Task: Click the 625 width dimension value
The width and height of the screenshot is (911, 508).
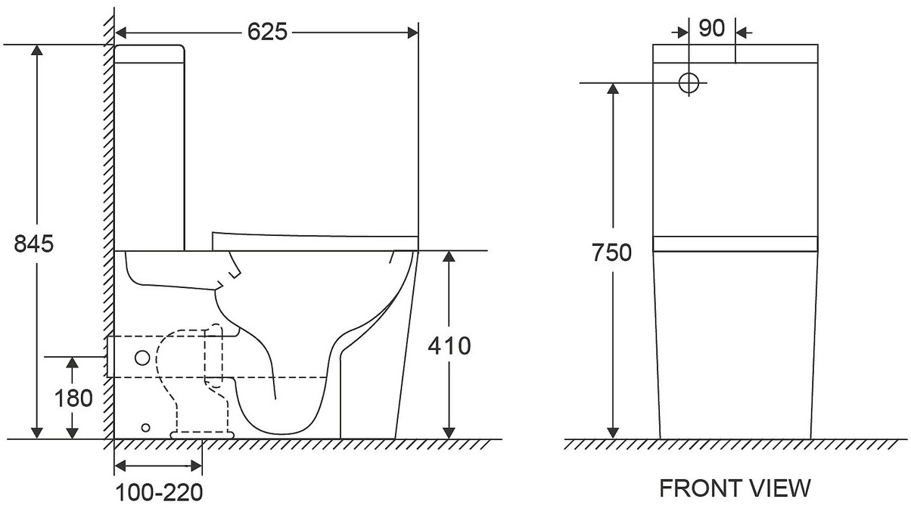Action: tap(267, 32)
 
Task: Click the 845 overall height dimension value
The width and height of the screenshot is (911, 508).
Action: tap(34, 244)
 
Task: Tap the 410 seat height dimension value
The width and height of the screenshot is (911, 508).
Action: tap(449, 346)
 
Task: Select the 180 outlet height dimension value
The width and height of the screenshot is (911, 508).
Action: tap(73, 398)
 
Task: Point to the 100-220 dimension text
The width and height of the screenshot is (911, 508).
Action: tap(160, 493)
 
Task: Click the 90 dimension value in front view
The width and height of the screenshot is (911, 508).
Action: tap(712, 28)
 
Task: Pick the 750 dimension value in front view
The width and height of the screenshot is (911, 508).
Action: tap(611, 252)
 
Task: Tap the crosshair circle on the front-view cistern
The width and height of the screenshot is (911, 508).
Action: tap(689, 83)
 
